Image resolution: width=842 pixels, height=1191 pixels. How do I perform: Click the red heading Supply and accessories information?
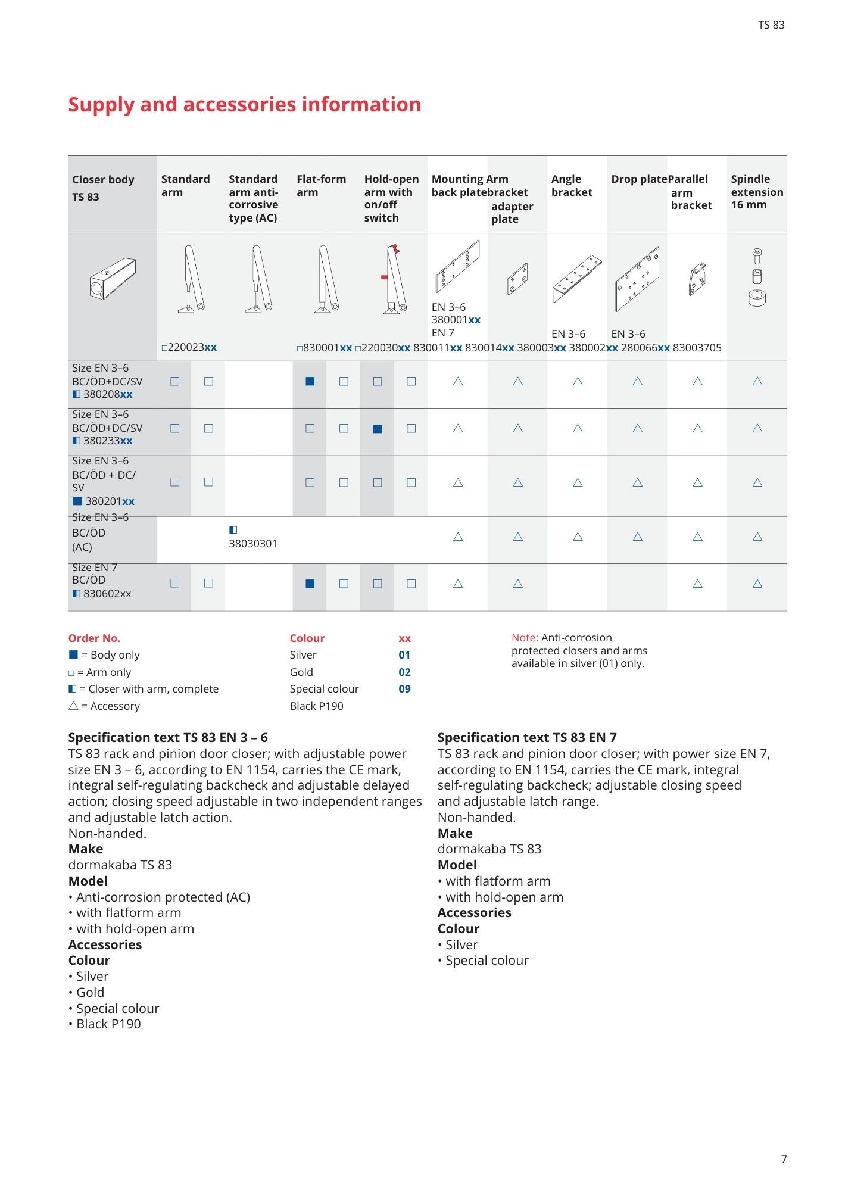click(244, 105)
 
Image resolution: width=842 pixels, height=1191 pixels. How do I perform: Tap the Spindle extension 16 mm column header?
click(756, 192)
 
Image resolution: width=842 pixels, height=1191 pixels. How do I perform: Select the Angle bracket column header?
click(571, 186)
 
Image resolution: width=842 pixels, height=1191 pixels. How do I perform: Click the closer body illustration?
click(113, 279)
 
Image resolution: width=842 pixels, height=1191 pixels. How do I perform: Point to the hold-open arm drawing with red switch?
click(394, 279)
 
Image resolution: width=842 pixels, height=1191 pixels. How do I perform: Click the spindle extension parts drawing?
click(757, 278)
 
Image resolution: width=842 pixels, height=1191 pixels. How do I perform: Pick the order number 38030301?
click(252, 544)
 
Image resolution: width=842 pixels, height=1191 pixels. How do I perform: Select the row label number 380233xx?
click(107, 441)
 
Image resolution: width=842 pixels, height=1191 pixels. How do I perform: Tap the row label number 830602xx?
click(107, 594)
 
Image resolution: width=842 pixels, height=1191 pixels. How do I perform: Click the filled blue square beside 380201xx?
click(77, 501)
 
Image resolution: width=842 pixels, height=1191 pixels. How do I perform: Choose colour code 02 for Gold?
click(404, 672)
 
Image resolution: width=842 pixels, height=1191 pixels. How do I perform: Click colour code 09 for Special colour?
click(404, 689)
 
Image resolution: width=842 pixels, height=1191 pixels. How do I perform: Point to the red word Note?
click(525, 638)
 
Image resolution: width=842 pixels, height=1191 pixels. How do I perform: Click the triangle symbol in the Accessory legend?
click(73, 706)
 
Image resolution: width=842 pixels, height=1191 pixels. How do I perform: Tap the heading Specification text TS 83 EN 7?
click(526, 738)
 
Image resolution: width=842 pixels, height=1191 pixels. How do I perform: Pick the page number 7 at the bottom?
click(784, 1159)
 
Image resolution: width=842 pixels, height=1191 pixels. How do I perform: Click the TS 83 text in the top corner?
click(771, 25)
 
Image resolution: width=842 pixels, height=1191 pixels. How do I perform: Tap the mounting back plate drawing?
click(457, 266)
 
